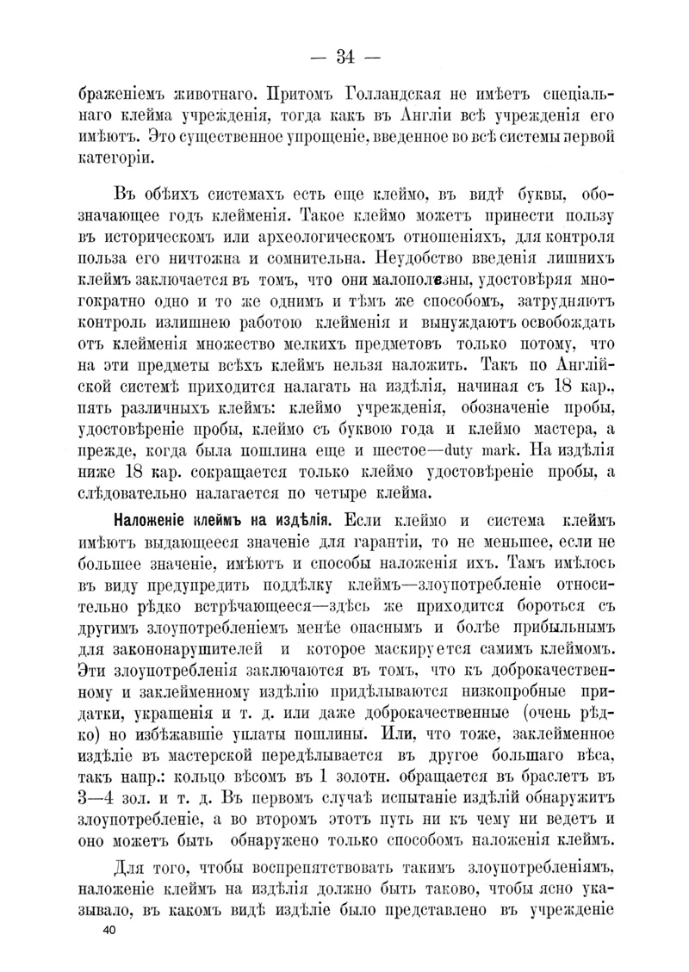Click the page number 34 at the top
tap(344, 58)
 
